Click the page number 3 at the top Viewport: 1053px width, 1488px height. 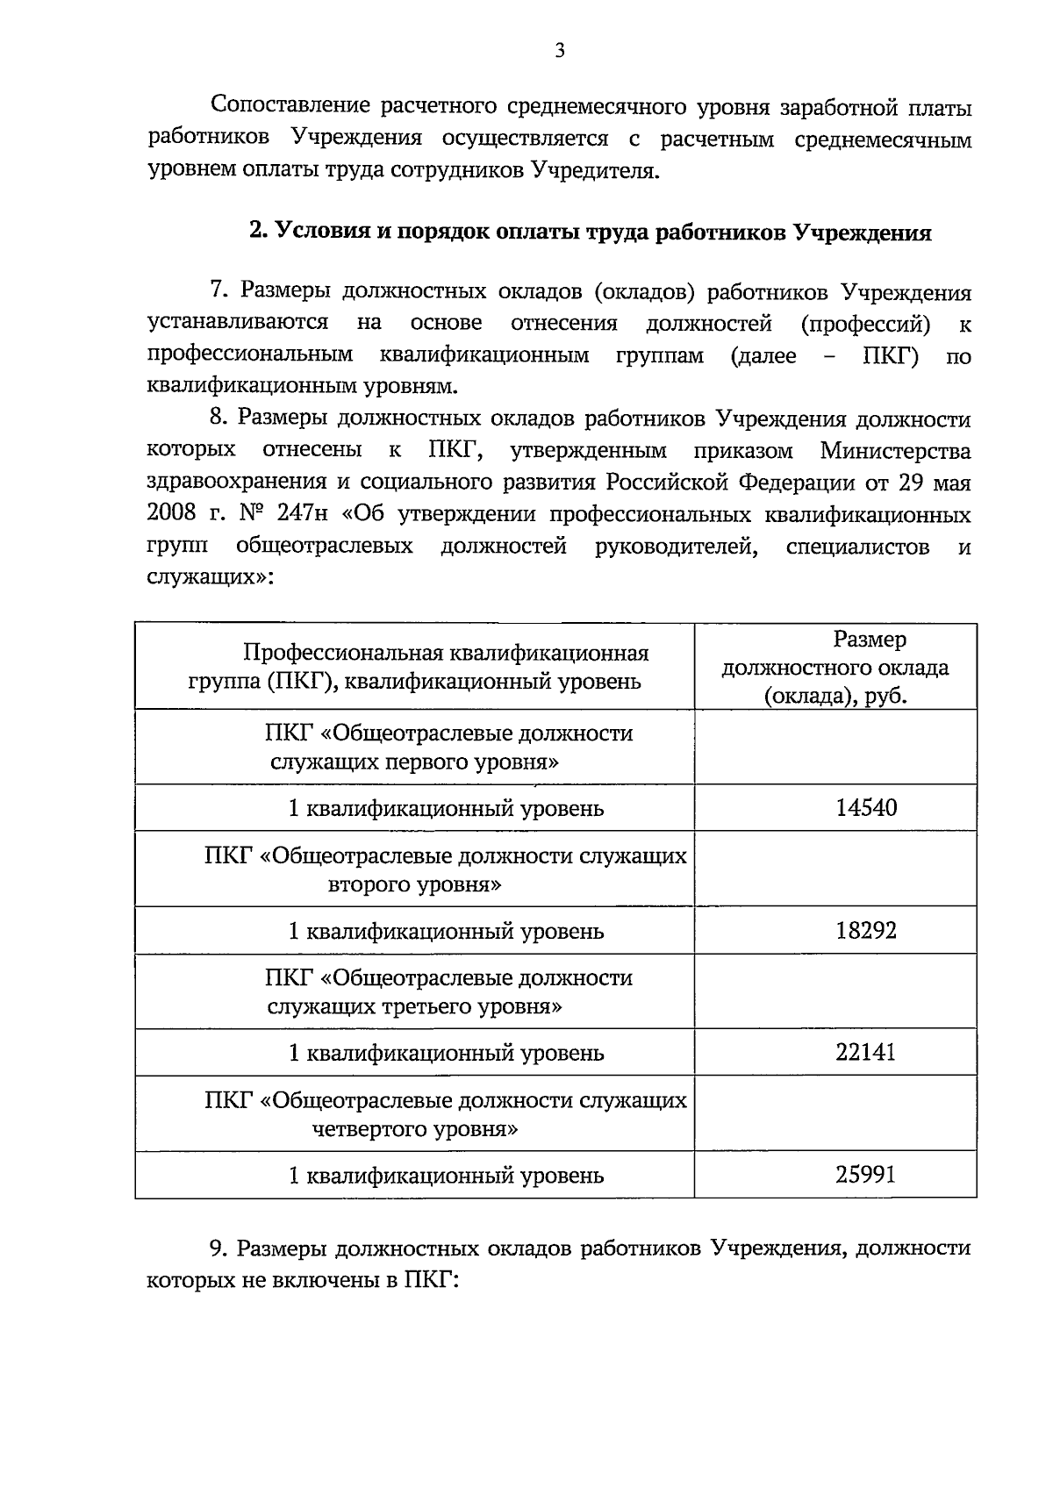560,51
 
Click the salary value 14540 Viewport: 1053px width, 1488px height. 866,808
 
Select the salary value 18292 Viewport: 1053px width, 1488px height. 866,931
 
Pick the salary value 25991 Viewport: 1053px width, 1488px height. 866,1175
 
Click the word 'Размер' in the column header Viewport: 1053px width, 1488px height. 870,640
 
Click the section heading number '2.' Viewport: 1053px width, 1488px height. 258,232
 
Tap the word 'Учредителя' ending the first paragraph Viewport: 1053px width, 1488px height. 593,170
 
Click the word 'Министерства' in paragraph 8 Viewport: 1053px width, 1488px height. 895,451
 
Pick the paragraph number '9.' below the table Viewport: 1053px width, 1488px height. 220,1248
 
